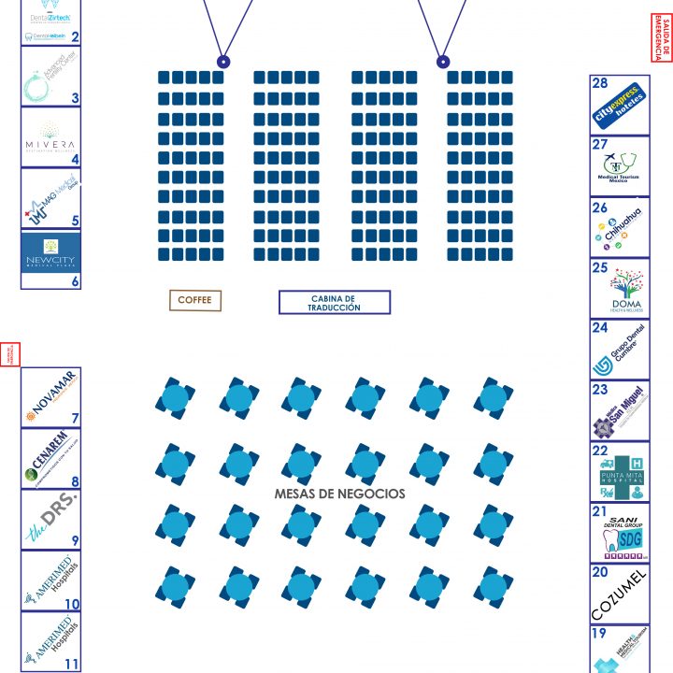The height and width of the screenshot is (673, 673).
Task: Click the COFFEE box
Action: (x=195, y=300)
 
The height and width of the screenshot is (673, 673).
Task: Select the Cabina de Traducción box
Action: (x=334, y=302)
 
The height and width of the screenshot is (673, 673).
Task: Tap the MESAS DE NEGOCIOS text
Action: (x=339, y=494)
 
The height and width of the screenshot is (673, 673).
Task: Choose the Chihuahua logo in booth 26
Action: (x=619, y=227)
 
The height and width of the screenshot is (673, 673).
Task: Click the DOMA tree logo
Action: (x=625, y=289)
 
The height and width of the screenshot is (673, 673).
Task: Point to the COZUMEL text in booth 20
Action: (x=618, y=594)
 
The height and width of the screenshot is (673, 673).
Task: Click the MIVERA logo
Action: (x=50, y=140)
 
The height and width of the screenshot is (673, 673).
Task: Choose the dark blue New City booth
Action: (x=50, y=251)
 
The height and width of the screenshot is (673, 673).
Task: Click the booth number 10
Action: (x=72, y=604)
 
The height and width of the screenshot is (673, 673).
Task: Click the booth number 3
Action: (x=75, y=97)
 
